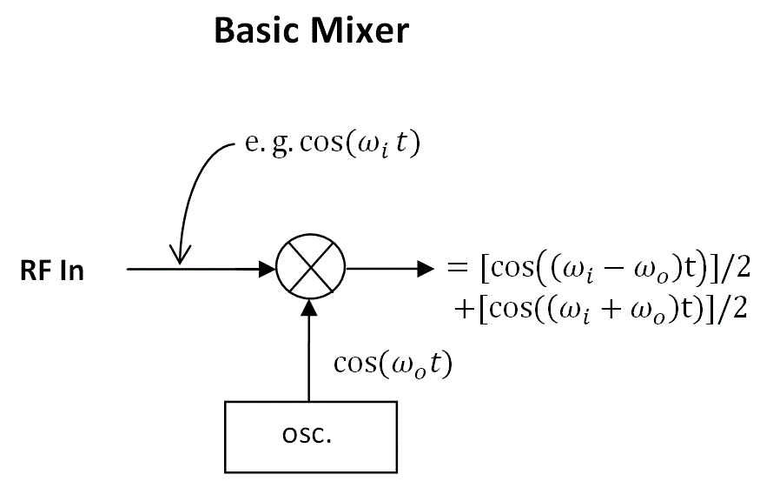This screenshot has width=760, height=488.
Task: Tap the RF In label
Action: coord(52,271)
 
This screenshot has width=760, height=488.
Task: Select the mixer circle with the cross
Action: coord(310,270)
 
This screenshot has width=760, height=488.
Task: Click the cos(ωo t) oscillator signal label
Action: coord(393,364)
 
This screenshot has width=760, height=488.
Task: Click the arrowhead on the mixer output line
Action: coord(424,270)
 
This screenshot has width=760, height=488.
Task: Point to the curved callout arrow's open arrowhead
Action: coord(180,255)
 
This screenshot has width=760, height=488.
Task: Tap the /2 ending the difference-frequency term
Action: coord(734,268)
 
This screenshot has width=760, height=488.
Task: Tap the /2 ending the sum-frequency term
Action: coord(735,309)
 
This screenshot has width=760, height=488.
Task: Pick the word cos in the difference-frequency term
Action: coord(510,268)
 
